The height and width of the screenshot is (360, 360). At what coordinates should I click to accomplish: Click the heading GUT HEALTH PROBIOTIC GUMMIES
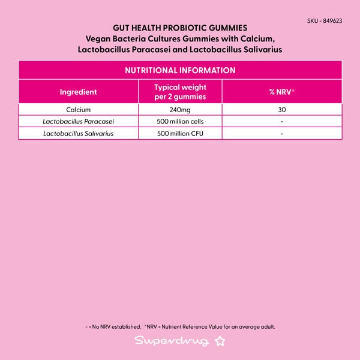[x=180, y=28]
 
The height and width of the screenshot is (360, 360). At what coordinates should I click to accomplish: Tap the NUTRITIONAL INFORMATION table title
[x=180, y=70]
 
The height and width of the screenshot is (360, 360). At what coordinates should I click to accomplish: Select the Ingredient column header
[x=78, y=92]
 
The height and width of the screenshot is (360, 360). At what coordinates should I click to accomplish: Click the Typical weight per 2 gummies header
[x=180, y=92]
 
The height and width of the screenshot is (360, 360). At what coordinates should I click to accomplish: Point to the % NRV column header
[x=281, y=92]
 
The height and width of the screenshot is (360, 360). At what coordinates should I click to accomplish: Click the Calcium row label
[x=78, y=110]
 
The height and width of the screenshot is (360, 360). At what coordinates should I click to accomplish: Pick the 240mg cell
[x=180, y=110]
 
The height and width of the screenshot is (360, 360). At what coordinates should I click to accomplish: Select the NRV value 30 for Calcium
[x=281, y=110]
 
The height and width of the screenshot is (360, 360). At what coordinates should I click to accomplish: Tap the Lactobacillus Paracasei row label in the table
[x=78, y=121]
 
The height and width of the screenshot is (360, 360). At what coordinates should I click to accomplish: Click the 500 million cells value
[x=180, y=121]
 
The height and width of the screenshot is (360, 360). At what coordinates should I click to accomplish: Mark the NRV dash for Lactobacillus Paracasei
[x=281, y=121]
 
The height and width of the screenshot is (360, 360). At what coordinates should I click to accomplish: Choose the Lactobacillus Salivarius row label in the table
[x=78, y=133]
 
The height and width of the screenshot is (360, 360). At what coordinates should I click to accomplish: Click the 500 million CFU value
[x=180, y=133]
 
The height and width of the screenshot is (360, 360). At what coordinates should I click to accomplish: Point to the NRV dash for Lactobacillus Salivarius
[x=281, y=133]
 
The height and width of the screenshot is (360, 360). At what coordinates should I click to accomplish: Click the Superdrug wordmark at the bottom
[x=172, y=341]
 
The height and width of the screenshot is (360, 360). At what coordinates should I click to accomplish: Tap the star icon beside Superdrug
[x=220, y=341]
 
